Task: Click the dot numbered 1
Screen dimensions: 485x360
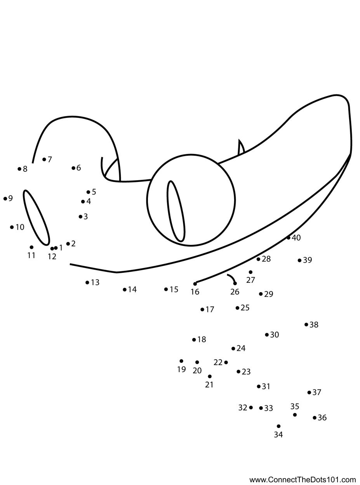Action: pyautogui.click(x=56, y=248)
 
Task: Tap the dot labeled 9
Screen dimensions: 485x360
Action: pyautogui.click(x=5, y=199)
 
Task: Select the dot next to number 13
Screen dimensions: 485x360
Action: pyautogui.click(x=87, y=282)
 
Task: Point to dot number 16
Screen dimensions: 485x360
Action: pyautogui.click(x=195, y=284)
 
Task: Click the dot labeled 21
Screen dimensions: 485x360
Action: pyautogui.click(x=210, y=376)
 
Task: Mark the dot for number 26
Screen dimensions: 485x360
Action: pyautogui.click(x=235, y=284)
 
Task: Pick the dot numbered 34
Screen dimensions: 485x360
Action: pyautogui.click(x=278, y=426)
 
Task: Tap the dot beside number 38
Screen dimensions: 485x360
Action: pyautogui.click(x=306, y=324)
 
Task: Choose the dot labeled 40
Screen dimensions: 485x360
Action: pyautogui.click(x=289, y=238)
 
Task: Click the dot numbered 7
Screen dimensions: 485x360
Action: pyautogui.click(x=44, y=159)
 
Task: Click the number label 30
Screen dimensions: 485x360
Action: pyautogui.click(x=275, y=335)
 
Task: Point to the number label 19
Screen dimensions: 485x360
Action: pyautogui.click(x=181, y=370)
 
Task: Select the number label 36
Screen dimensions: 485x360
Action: pyautogui.click(x=322, y=418)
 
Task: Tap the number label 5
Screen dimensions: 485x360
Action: pyautogui.click(x=94, y=192)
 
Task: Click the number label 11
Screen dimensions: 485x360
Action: pyautogui.click(x=31, y=255)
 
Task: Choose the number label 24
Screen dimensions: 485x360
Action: pyautogui.click(x=241, y=348)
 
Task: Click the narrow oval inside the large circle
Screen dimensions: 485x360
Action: pyautogui.click(x=176, y=211)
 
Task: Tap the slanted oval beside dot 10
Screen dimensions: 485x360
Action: pyautogui.click(x=37, y=217)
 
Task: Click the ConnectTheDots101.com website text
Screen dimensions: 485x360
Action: pyautogui.click(x=303, y=480)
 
